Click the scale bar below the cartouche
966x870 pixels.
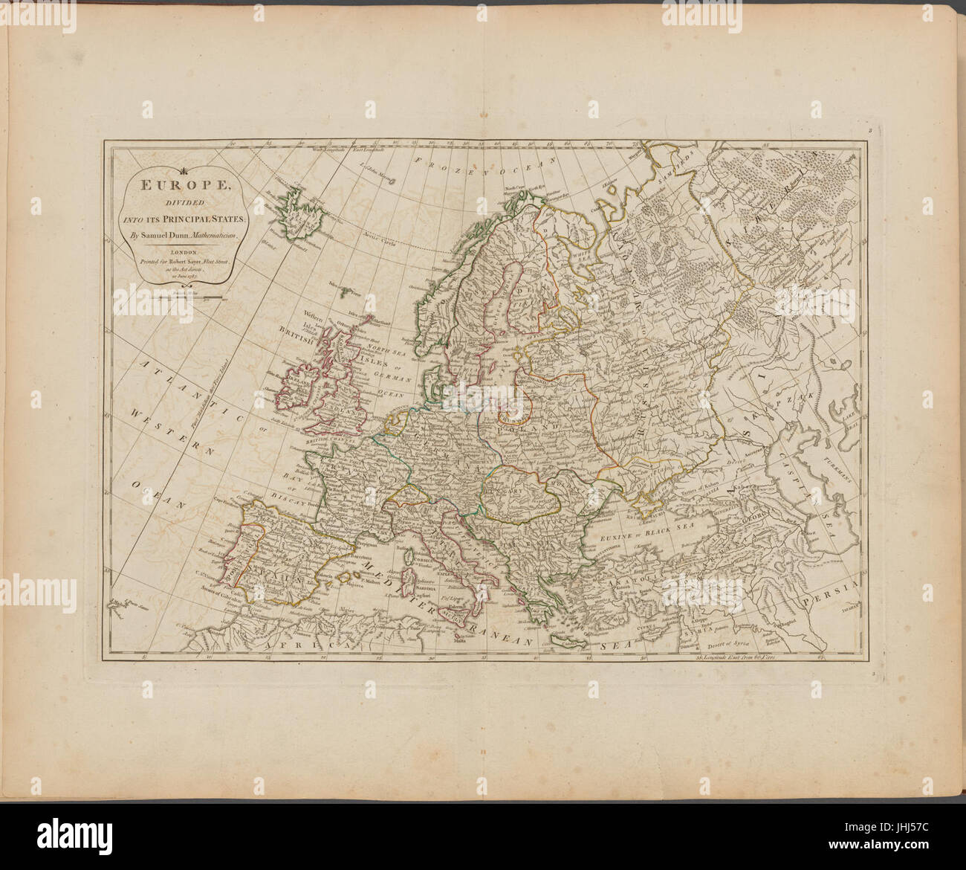(178, 298)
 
